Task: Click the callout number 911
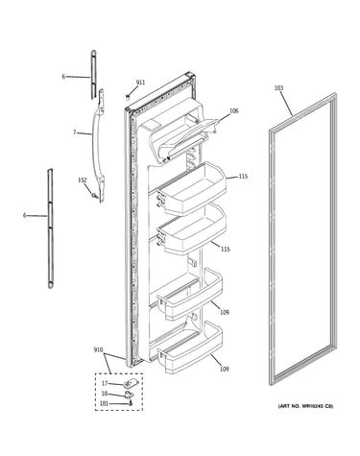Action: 140,83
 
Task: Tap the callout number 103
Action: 278,87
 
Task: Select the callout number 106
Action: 234,111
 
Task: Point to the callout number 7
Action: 74,132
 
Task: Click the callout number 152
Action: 83,180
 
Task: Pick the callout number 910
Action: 98,349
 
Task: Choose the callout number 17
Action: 105,383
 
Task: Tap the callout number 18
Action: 105,394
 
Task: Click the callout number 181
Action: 104,404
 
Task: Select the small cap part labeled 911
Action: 128,96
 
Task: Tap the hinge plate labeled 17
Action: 130,383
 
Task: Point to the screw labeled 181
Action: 131,403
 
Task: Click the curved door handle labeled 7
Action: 97,146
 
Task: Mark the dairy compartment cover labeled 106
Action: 183,136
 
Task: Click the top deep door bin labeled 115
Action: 192,189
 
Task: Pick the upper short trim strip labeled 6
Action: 93,74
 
